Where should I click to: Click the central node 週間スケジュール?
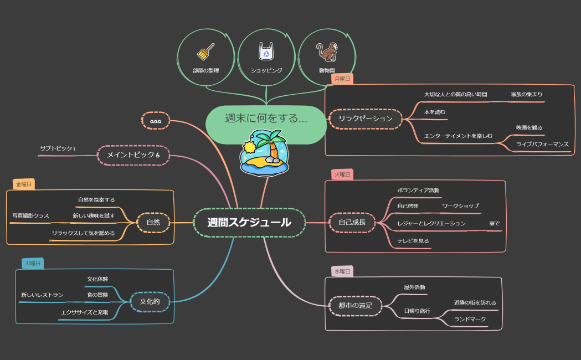249,223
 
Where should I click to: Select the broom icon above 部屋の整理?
205,52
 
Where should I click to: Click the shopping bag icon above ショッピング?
266,52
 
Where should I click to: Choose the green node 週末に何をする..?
266,119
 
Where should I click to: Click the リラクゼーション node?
365,119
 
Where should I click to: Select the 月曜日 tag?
342,79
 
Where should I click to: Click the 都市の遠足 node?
356,305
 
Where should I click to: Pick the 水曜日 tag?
342,271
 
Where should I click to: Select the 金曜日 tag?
24,184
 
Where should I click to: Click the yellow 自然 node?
153,223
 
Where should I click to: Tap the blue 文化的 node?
150,302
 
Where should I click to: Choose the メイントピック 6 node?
133,155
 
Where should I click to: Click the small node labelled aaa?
156,120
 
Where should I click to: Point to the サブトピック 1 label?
58,148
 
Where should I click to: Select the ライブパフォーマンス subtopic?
542,145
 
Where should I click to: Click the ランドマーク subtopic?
470,320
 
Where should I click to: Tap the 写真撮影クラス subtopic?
30,215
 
